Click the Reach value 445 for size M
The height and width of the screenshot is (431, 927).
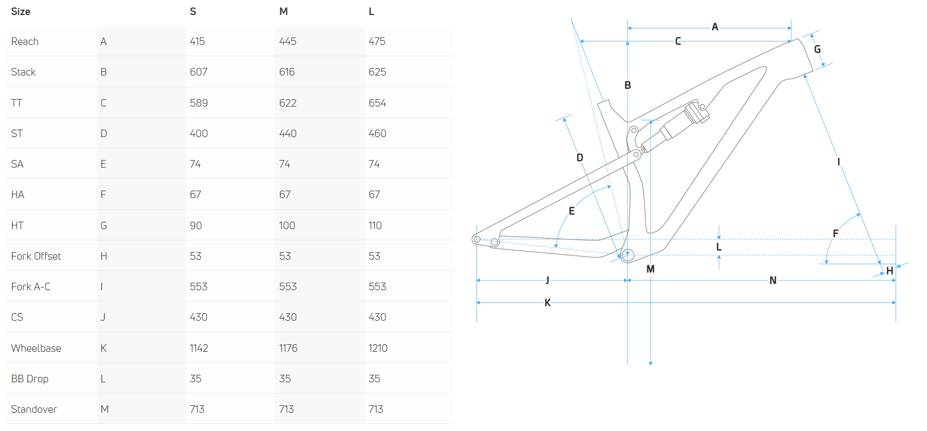point(287,41)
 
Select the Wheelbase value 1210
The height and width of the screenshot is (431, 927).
point(377,348)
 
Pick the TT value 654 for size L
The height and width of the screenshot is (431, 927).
point(377,103)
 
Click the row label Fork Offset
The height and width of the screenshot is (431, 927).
point(36,256)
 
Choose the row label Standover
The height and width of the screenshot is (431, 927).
point(34,409)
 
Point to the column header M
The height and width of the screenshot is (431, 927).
point(283,11)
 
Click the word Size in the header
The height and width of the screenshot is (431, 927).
point(20,11)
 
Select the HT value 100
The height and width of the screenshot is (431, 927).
point(287,225)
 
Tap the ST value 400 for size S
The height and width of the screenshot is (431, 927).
point(198,133)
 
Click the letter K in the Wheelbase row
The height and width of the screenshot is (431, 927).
point(103,348)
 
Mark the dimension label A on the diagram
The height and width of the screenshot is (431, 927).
point(715,27)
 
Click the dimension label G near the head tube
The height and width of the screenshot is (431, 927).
point(817,49)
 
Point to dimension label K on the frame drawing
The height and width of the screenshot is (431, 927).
point(547,303)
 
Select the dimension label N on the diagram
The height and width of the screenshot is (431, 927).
point(773,280)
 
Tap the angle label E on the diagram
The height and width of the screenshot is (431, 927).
point(572,211)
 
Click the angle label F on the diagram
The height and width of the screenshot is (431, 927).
point(835,233)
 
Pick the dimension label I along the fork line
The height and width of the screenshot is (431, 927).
point(839,162)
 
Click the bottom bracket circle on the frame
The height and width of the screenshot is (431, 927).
point(627,255)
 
